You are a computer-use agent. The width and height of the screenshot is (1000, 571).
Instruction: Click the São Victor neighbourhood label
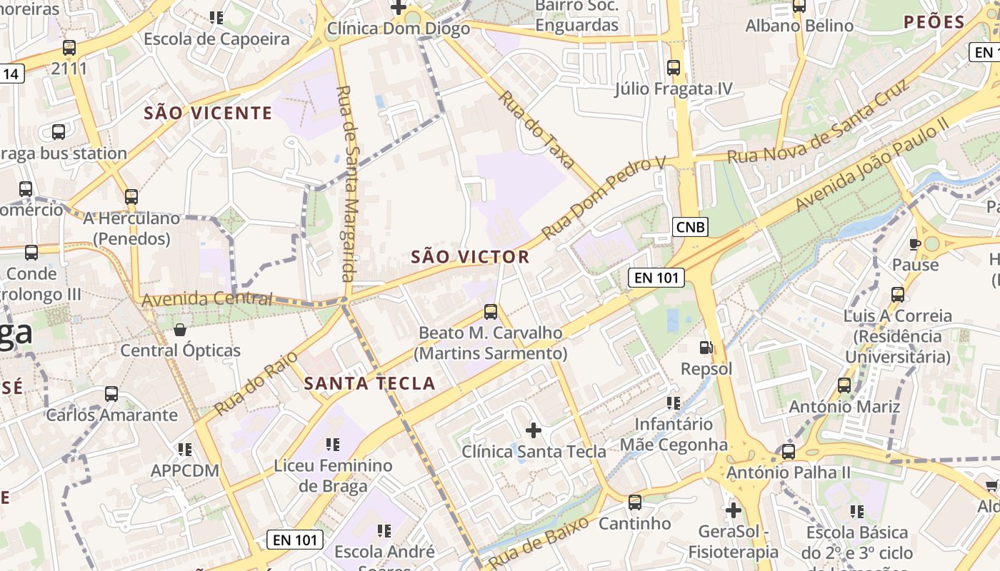click(470, 257)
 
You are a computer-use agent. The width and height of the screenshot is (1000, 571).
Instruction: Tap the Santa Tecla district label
click(369, 383)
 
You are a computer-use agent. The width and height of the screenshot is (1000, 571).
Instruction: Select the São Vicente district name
click(208, 113)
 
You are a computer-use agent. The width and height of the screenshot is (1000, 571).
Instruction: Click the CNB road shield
click(690, 227)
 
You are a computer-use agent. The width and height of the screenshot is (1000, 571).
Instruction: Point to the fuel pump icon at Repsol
click(706, 348)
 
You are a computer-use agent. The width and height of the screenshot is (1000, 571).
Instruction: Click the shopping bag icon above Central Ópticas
click(180, 329)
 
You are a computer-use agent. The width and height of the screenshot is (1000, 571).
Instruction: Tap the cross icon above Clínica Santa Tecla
click(533, 430)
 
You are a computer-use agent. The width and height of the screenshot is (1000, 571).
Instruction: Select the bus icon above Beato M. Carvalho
click(491, 311)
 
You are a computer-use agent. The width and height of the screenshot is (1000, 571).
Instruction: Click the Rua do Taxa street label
click(536, 129)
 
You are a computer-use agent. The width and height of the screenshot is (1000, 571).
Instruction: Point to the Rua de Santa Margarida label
click(347, 183)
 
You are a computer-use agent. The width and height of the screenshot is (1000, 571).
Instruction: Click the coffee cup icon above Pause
click(914, 244)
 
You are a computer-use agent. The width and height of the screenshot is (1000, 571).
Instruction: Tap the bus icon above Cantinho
click(634, 502)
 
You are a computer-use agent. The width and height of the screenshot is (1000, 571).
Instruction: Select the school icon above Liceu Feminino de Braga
click(332, 445)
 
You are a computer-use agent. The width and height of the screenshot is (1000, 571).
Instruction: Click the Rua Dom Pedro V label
click(603, 198)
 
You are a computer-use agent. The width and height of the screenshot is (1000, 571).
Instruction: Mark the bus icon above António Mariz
click(844, 385)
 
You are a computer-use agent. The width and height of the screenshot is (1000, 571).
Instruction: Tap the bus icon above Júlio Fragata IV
click(673, 68)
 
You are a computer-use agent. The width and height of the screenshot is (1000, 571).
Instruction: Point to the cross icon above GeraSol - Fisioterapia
click(733, 510)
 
